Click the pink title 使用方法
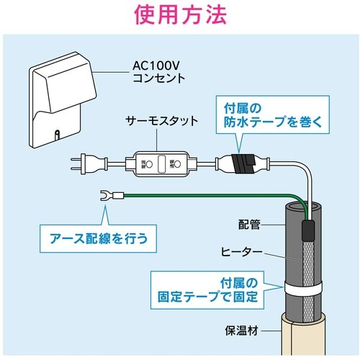pos(179,14)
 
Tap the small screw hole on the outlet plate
pos(57,132)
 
